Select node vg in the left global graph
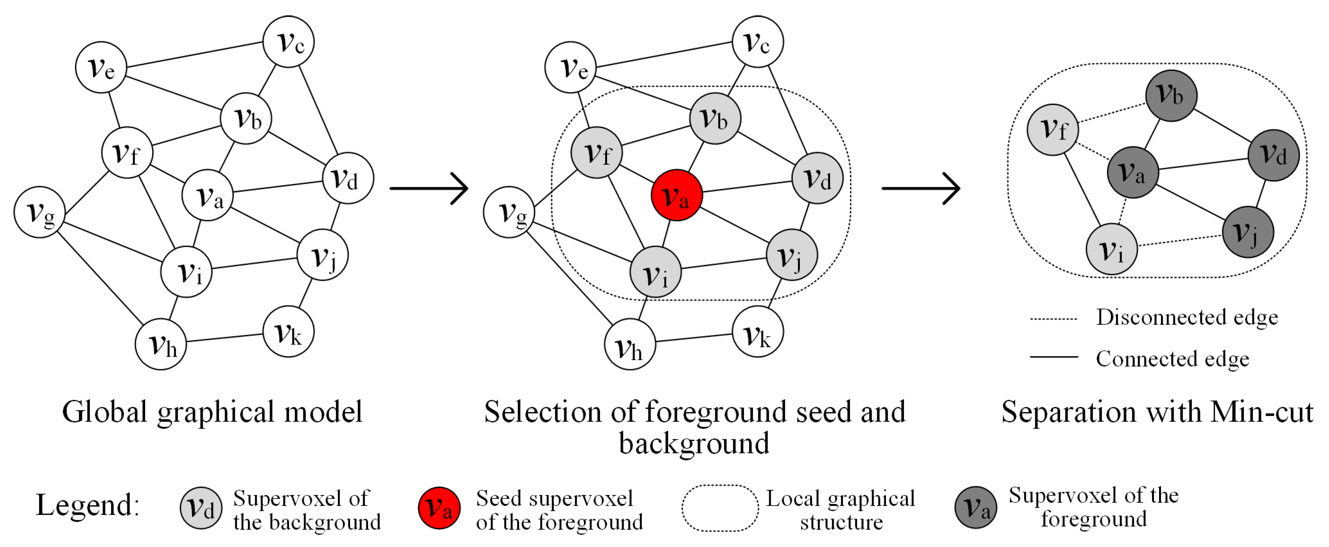39,212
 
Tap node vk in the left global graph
288,331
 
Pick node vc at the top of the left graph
289,42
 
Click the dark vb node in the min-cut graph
1171,96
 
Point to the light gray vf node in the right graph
1053,129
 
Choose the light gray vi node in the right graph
1111,249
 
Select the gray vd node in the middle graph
817,178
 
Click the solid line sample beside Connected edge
1053,357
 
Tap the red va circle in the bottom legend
438,508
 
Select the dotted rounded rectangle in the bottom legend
720,508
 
